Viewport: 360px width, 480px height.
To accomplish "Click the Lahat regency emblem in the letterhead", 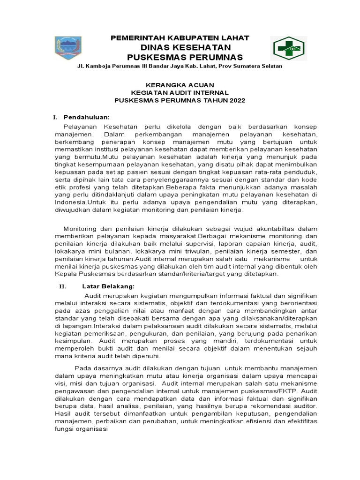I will (x=68, y=47).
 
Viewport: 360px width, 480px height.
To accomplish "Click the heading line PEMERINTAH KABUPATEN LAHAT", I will (x=180, y=38).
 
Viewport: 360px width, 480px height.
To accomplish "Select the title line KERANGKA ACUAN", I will (x=180, y=85).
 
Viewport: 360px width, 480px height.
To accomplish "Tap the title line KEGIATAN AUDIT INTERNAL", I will (x=180, y=93).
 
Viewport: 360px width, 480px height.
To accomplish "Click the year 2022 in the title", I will (x=237, y=101).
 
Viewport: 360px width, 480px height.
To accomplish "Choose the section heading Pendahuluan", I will (x=87, y=117).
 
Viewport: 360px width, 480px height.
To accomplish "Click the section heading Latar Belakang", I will (x=109, y=285).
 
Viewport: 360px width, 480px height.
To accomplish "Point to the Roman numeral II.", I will (x=60, y=285).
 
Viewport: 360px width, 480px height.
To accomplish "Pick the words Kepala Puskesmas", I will (x=82, y=274).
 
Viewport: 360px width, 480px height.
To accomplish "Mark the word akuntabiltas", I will (x=281, y=228).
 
